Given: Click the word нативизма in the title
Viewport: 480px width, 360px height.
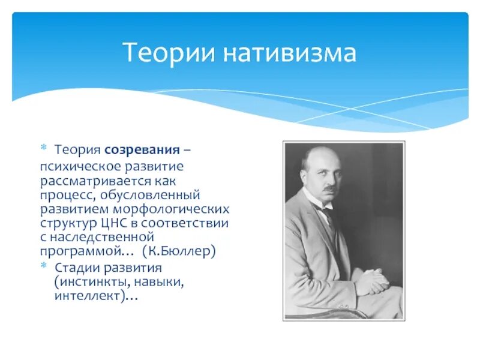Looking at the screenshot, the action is coord(290,53).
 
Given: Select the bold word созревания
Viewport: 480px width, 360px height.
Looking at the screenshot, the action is coord(142,150).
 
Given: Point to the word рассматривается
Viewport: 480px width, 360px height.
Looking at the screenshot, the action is coord(95,181).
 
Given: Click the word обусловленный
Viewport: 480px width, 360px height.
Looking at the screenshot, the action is coord(150,196).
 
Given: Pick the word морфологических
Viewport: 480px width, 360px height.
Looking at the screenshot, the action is coord(171,209).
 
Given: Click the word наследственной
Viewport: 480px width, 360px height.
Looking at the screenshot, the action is coord(101,237).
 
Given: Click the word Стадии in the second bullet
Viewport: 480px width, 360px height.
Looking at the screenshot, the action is coord(78,268).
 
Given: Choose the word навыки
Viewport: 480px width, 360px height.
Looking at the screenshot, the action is coord(159,282).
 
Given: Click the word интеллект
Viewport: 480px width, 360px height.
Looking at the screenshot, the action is coord(88,296).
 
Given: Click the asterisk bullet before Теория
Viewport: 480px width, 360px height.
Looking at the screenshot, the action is coord(43,148).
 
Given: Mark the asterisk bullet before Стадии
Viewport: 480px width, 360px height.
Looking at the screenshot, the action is coord(43,265).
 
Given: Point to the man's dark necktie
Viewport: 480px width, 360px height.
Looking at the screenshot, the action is coord(328,214).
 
